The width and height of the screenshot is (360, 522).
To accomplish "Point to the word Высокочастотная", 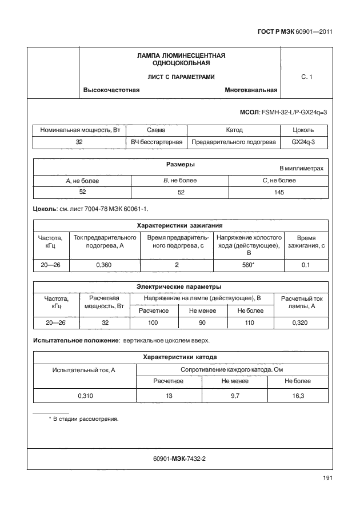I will click(111, 90).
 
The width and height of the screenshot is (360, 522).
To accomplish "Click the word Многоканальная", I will click(251, 90).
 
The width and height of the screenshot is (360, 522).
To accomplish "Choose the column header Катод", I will click(234, 130).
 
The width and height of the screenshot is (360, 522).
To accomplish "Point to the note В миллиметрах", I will click(301, 169).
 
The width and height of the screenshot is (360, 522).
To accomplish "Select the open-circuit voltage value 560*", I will click(249, 265).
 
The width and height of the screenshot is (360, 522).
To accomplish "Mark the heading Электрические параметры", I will click(180, 287).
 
